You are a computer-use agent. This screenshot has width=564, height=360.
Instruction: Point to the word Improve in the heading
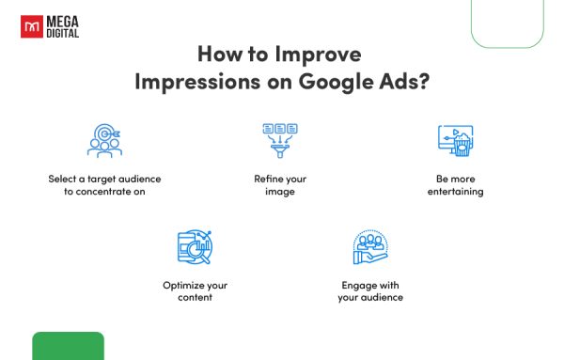coord(321,54)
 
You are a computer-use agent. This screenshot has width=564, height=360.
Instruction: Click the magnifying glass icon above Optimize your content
coord(195,246)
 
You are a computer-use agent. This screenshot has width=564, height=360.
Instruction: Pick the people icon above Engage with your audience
coord(370,247)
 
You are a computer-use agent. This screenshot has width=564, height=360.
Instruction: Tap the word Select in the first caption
coord(64,178)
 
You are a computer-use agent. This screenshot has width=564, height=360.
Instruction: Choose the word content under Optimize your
coord(194,297)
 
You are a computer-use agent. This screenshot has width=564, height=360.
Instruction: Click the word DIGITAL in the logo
coord(62,33)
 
